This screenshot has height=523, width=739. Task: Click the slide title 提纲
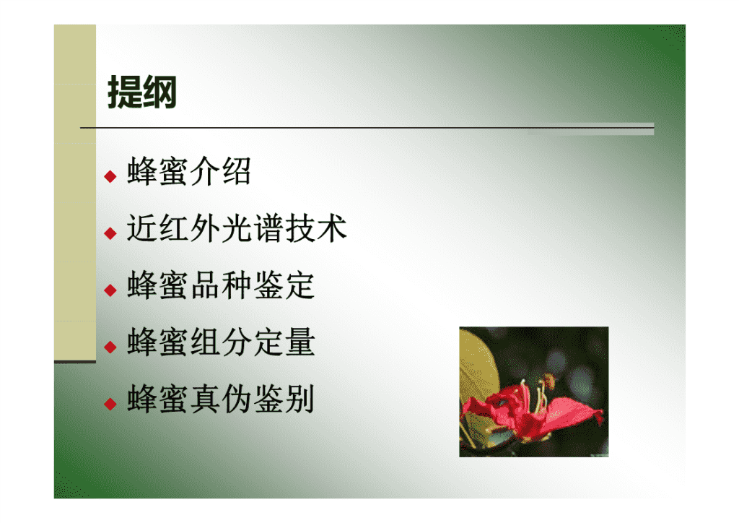pyautogui.click(x=142, y=92)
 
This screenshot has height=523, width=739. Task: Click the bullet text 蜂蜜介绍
pyautogui.click(x=189, y=171)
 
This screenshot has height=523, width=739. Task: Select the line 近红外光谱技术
pyautogui.click(x=237, y=228)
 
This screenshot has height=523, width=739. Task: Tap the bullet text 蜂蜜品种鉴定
pyautogui.click(x=221, y=285)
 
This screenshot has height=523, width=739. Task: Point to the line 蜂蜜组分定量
pyautogui.click(x=221, y=342)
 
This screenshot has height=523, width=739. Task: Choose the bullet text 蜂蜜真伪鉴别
pyautogui.click(x=221, y=399)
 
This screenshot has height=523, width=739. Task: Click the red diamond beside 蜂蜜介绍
pyautogui.click(x=110, y=176)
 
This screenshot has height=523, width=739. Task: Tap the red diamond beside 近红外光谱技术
pyautogui.click(x=110, y=233)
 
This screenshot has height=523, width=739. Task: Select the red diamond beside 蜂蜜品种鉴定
pyautogui.click(x=110, y=290)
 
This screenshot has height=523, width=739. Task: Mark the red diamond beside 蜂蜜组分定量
pyautogui.click(x=110, y=347)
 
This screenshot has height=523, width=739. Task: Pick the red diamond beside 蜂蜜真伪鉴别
pyautogui.click(x=110, y=404)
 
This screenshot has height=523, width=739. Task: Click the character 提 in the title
pyautogui.click(x=125, y=92)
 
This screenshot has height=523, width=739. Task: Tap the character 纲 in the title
pyautogui.click(x=159, y=92)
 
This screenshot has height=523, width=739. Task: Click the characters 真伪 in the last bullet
pyautogui.click(x=221, y=399)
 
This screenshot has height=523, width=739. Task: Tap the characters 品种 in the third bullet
pyautogui.click(x=221, y=285)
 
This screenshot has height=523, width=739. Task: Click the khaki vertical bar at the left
pyautogui.click(x=75, y=193)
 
